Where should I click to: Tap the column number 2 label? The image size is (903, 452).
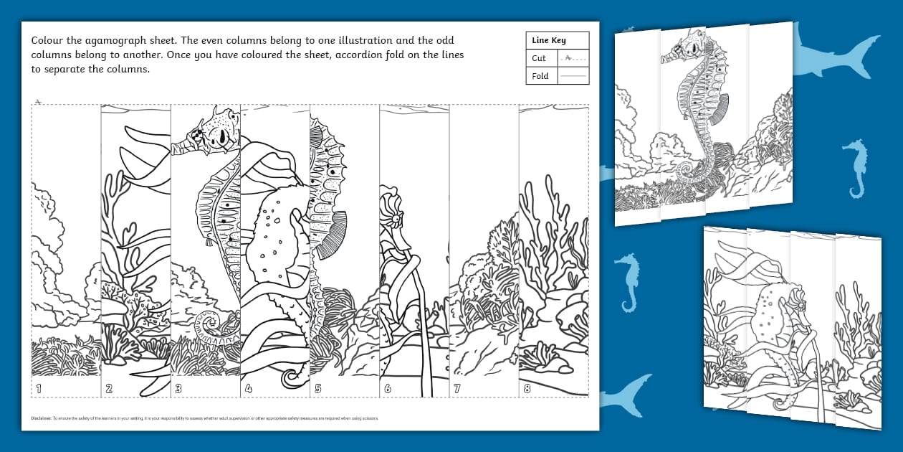point(109,389)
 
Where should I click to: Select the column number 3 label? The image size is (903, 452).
point(178,389)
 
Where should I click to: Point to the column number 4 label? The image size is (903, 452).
point(248,389)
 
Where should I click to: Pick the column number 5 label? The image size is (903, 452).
point(317,389)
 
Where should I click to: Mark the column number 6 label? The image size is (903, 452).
point(388,389)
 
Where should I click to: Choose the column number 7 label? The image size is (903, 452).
point(457,389)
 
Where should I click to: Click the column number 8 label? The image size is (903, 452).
point(527,389)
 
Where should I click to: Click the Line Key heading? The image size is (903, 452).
point(548,41)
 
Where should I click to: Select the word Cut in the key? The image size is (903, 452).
point(539,58)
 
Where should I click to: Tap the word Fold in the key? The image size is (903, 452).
point(540,75)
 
